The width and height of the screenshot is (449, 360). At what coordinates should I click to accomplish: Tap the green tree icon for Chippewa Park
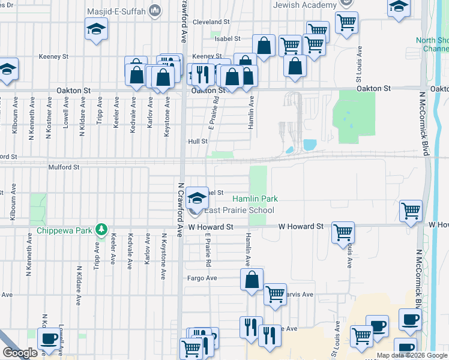[x=103, y=229]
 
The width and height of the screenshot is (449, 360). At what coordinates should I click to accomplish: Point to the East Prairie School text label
[x=239, y=210]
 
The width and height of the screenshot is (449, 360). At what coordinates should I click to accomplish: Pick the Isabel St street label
[x=228, y=38]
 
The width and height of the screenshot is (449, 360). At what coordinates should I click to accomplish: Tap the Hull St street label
[x=197, y=142]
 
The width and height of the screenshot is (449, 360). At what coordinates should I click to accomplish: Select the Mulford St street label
[x=64, y=167]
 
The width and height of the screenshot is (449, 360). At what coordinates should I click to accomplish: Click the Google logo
[x=20, y=353]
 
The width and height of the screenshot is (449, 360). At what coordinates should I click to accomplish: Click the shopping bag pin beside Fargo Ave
[x=252, y=279]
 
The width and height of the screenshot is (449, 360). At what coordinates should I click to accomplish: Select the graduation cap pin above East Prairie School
[x=196, y=197]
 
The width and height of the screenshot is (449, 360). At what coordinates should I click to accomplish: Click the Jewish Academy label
[x=304, y=5]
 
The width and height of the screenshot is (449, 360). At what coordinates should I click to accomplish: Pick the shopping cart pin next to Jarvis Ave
[x=275, y=294]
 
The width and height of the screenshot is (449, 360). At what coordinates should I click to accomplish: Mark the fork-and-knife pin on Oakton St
[x=202, y=74]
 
